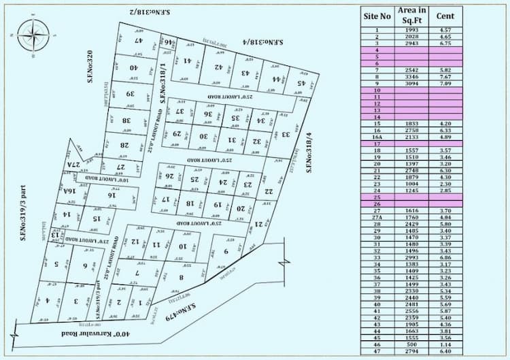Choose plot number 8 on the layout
click(x=182, y=277)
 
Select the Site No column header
click(x=377, y=16)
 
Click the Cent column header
click(x=445, y=16)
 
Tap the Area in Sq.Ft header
click(x=411, y=16)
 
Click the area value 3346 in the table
click(x=411, y=77)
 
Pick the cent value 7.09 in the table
click(x=445, y=84)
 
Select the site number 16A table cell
click(x=377, y=137)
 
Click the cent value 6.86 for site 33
click(x=445, y=257)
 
